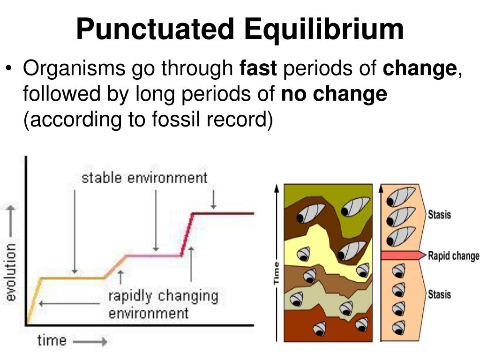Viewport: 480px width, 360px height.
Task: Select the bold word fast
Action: point(258,69)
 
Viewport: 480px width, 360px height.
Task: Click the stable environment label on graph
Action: point(144,178)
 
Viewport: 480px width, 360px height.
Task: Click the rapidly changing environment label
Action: point(163,304)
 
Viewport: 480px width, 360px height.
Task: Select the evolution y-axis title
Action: point(10,272)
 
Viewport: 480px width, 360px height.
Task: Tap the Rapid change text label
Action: point(453,256)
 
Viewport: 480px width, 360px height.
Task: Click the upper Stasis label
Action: point(439,215)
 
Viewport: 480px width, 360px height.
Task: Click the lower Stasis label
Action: point(439,294)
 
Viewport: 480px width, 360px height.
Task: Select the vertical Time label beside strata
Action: point(276,273)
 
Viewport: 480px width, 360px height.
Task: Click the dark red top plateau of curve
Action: point(224,213)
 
